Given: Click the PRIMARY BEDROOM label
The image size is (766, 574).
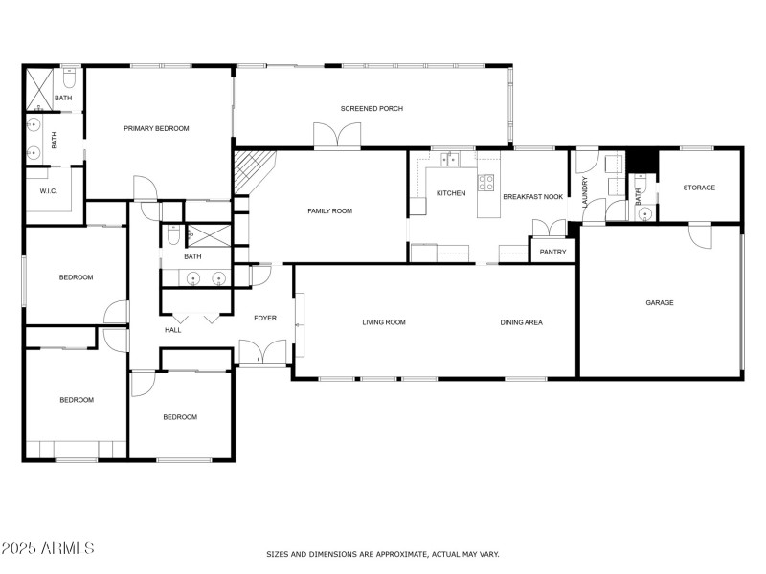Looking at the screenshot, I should click(156, 128).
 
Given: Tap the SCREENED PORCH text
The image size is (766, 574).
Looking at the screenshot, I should click(372, 109).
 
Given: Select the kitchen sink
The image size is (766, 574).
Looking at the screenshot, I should click(451, 159).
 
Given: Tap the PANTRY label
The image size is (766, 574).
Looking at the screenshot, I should click(552, 253).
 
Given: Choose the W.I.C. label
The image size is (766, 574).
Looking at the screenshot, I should click(49, 191).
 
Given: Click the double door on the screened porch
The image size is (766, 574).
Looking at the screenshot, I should click(338, 137).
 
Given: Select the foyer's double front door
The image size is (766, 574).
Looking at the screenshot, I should click(261, 353).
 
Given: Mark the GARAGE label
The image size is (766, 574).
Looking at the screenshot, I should click(660, 303).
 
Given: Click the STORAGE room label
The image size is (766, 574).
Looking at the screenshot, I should click(699, 188).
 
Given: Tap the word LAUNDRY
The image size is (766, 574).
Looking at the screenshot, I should click(584, 191).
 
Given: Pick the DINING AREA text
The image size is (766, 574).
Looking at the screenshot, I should click(521, 322).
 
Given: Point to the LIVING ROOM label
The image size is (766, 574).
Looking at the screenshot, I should click(384, 322).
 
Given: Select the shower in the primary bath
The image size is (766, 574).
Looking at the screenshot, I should click(39, 87).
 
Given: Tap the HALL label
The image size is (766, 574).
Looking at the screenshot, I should click(173, 330).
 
